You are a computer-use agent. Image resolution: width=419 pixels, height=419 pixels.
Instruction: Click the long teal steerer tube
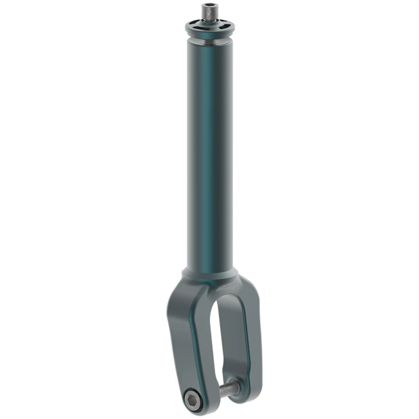(x=209, y=159)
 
